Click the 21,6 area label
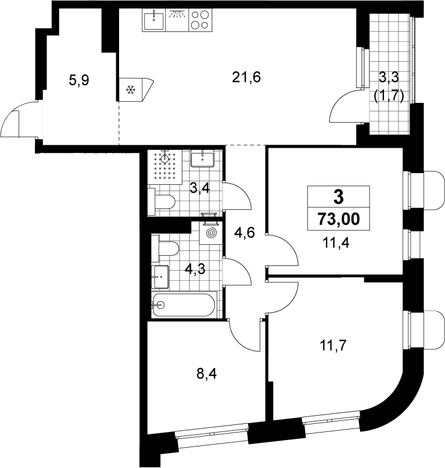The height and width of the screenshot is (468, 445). coord(246,77)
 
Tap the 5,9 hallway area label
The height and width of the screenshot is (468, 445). coord(79,80)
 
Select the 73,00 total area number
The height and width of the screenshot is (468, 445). coord(339,219)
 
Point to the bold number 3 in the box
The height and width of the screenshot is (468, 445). coord(339,197)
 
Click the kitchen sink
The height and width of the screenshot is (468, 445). coord(153,20)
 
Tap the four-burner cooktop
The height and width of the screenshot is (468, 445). coord(200,20)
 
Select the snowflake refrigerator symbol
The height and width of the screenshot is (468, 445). coord(131,90)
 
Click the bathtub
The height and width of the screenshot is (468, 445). coord(184,305)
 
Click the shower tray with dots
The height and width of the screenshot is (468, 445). coord(165,167)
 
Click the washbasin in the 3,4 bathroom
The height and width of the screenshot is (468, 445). coord(202,159)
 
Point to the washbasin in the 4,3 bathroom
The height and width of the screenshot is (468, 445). coord(160,277)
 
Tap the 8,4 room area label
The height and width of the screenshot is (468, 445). coord(206,373)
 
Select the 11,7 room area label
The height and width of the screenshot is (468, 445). coord(333,346)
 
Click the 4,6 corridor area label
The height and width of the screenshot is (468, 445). coord(244,233)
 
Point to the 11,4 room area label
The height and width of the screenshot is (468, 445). coord(336,243)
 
